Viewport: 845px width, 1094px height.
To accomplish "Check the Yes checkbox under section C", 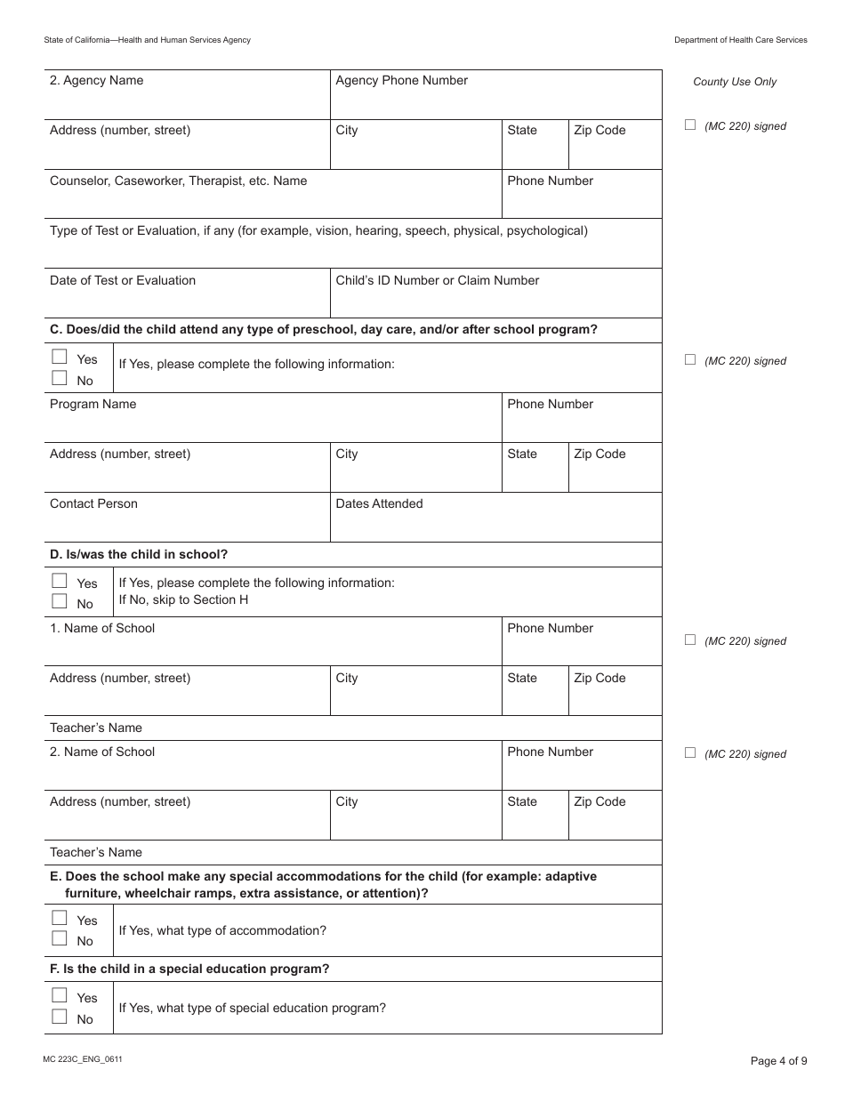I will [x=60, y=358].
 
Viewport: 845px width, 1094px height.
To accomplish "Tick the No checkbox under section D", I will [x=60, y=602].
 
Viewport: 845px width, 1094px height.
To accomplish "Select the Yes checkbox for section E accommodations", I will [x=60, y=919].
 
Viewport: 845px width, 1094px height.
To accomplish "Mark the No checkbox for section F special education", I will [x=60, y=1018].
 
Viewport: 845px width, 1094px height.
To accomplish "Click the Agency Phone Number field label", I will [x=401, y=81].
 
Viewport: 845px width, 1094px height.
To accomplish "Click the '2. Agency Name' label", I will [x=96, y=81].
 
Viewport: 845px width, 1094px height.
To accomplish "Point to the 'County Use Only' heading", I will [x=735, y=82].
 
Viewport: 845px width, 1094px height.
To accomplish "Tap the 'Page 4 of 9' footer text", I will [x=779, y=1060].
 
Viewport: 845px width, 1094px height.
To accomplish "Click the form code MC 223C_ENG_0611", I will [x=82, y=1059].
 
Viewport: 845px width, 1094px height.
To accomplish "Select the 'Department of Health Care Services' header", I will [x=740, y=40].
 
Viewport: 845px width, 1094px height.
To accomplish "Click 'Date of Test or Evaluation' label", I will [x=123, y=281].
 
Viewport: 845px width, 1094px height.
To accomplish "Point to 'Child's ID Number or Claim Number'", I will [x=437, y=281].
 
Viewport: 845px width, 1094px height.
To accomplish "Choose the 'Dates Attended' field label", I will [x=379, y=504].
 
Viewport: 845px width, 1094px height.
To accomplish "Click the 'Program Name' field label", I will [x=93, y=405].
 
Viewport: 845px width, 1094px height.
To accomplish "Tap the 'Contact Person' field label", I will [x=93, y=504].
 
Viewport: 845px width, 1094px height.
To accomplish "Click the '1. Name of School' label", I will [x=102, y=629].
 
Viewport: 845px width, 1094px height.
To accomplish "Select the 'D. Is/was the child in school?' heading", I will [x=139, y=554].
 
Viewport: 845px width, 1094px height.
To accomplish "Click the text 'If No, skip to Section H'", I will [x=183, y=600].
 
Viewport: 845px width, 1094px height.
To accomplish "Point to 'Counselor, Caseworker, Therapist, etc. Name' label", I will [x=178, y=181].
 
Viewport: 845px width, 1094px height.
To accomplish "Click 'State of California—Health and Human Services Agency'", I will [x=147, y=40].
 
